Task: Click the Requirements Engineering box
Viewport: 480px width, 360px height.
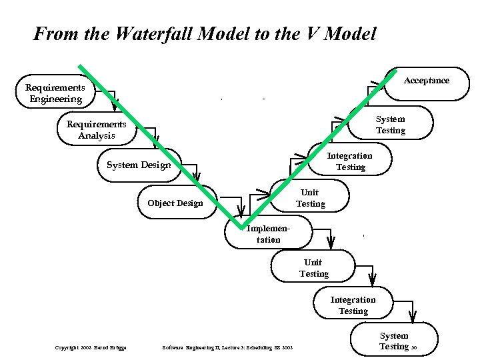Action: [55, 94]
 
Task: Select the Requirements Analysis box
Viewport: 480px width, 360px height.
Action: [97, 130]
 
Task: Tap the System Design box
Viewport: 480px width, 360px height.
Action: [139, 165]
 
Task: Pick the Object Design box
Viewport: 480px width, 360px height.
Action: [175, 203]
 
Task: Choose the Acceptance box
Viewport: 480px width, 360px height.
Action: [427, 81]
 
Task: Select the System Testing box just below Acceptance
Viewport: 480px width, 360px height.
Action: [390, 125]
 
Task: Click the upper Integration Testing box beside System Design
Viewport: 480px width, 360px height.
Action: [350, 161]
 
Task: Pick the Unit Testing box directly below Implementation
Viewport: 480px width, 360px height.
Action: [314, 268]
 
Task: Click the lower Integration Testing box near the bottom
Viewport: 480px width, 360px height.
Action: [353, 305]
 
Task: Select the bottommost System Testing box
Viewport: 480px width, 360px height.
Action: [394, 341]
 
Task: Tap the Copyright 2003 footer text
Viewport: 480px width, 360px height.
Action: [91, 347]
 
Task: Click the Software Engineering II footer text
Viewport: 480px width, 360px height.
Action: [227, 347]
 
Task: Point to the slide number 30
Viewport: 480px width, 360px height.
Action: [414, 347]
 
